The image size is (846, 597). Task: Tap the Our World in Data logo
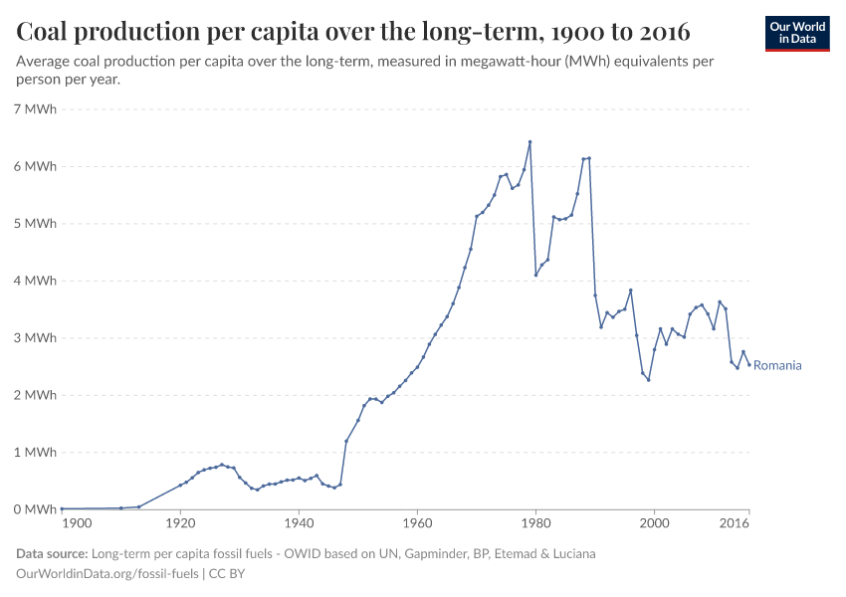[796, 33]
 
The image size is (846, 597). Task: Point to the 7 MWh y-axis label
[36, 108]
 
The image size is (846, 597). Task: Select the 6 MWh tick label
[36, 166]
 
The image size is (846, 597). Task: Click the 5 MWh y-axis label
[36, 224]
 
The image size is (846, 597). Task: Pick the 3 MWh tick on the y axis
[36, 338]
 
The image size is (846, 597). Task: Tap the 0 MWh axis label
[36, 509]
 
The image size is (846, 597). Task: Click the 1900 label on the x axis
[77, 522]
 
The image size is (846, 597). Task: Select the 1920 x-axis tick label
[180, 522]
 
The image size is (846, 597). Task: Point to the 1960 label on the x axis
[417, 522]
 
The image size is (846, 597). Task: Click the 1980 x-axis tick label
[535, 522]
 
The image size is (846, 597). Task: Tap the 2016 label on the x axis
[734, 522]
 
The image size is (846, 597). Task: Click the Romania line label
[777, 365]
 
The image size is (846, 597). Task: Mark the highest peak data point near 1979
[529, 141]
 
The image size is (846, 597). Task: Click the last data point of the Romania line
[749, 364]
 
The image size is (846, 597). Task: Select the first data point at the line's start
[62, 508]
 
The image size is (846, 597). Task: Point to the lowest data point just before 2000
[648, 380]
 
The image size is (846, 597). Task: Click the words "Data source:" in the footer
[52, 554]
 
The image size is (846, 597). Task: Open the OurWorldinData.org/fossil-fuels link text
[107, 573]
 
